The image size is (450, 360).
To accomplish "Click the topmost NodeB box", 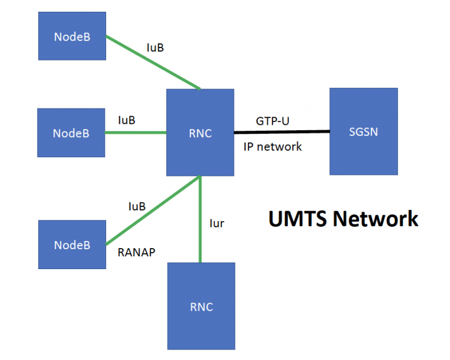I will (71, 36).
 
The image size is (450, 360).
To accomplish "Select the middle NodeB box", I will (71, 133).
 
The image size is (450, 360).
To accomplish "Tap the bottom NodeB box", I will (72, 244).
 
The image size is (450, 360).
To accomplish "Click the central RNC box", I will (200, 133).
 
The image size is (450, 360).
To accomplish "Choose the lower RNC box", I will (202, 306).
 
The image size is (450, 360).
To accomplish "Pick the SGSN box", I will (363, 131).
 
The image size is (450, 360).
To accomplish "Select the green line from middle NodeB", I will (136, 133).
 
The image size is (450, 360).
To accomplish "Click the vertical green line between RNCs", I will (200, 220).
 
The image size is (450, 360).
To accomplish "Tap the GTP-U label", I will (272, 121).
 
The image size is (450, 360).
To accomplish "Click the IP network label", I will (272, 147).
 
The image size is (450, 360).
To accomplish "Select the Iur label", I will (217, 223).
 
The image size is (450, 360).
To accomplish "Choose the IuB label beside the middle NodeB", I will (127, 120).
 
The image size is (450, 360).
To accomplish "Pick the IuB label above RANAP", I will (137, 207).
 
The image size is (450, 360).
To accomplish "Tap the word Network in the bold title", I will (376, 219).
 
